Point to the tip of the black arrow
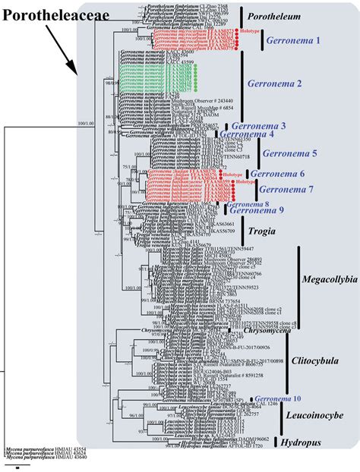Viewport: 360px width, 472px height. [79, 74]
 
